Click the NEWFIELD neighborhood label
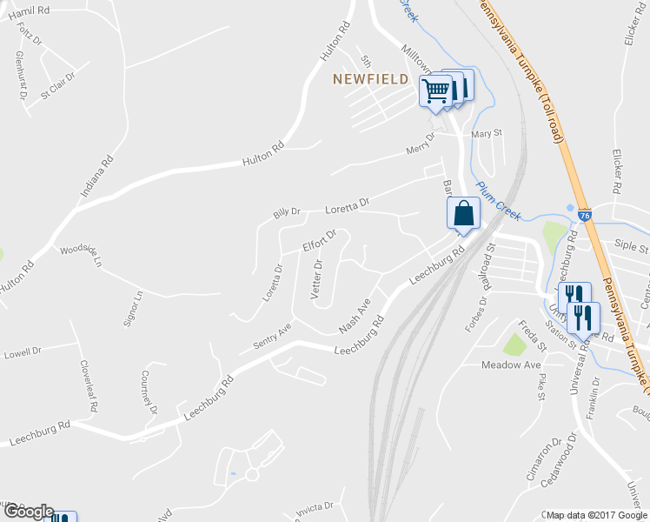[371, 79]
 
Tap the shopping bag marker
[463, 213]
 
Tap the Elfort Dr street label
[319, 241]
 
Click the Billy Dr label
[286, 211]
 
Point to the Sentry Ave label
[271, 334]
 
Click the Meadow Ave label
[512, 365]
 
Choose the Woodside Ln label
[81, 255]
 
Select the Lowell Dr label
[23, 352]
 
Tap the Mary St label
[487, 133]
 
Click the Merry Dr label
[421, 145]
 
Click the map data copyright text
[596, 515]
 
